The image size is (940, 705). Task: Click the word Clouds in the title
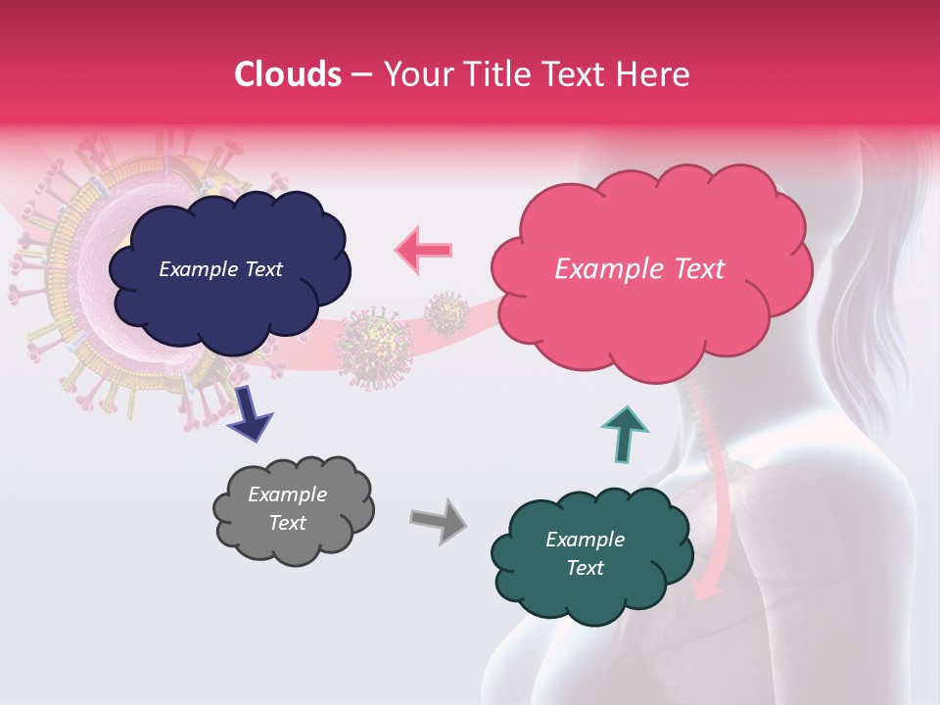tap(288, 74)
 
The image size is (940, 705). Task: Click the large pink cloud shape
tap(651, 313)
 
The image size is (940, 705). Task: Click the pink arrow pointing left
tap(424, 250)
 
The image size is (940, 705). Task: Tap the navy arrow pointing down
tap(251, 412)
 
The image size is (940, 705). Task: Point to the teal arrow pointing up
tap(625, 433)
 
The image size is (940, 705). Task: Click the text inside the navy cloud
tap(220, 269)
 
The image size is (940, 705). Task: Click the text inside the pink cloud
tap(639, 269)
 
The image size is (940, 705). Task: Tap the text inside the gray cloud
tap(287, 508)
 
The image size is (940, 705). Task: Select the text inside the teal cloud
tap(585, 553)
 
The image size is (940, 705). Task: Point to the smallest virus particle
tap(446, 313)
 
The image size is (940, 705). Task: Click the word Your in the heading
tap(410, 74)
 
